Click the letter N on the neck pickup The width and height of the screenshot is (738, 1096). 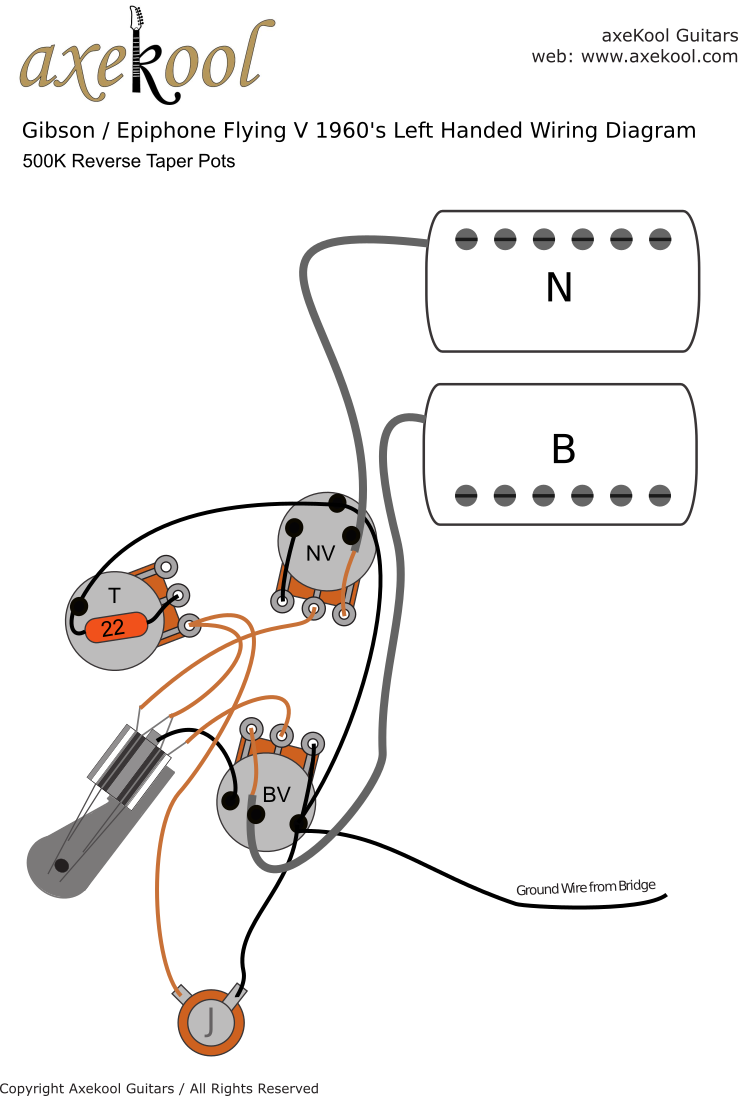(x=559, y=288)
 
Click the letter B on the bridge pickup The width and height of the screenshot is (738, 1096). (x=564, y=450)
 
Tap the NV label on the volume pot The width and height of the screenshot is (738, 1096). (x=320, y=553)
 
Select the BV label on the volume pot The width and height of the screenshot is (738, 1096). (x=276, y=795)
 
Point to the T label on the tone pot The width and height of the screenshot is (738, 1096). (x=114, y=596)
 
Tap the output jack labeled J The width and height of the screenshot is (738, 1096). (x=211, y=1023)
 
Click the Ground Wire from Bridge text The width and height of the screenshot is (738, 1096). (x=585, y=888)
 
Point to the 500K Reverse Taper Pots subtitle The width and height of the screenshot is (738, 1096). (x=129, y=161)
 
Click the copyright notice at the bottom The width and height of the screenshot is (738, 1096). (x=160, y=1088)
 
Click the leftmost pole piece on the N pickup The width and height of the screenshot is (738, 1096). (x=466, y=238)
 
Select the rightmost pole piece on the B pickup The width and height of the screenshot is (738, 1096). (x=660, y=494)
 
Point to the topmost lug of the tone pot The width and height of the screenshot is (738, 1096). (x=166, y=567)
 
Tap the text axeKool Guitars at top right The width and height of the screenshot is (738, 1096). (x=669, y=35)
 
